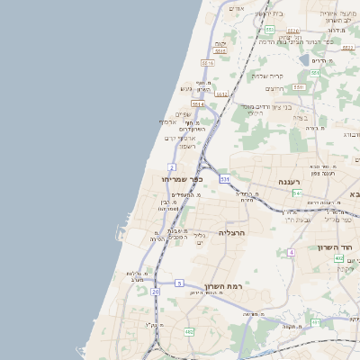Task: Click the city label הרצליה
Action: [x=232, y=232]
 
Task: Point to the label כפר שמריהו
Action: [x=183, y=179]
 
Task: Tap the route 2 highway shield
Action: [x=171, y=167]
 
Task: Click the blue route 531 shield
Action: [x=225, y=179]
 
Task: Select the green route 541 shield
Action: [x=296, y=193]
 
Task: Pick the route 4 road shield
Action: [x=292, y=252]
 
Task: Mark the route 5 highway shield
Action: [x=179, y=283]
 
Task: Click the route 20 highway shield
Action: [x=156, y=292]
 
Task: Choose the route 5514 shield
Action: [x=198, y=104]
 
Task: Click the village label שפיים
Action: [x=183, y=113]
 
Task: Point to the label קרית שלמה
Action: [x=267, y=76]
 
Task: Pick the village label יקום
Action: [x=221, y=44]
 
